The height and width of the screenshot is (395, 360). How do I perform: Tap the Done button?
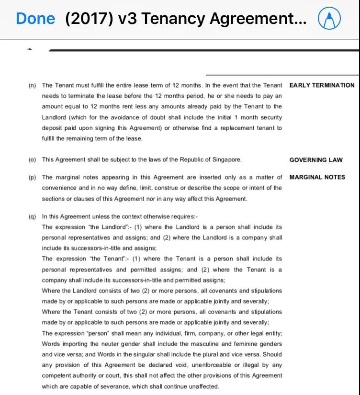click(x=35, y=19)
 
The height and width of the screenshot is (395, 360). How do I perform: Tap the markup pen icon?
click(x=329, y=19)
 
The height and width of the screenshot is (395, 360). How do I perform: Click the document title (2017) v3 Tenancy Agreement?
click(x=186, y=19)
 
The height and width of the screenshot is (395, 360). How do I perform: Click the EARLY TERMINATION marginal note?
click(x=322, y=85)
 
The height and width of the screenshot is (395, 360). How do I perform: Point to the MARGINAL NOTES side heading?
click(x=317, y=177)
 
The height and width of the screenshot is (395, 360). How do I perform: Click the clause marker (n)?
click(x=32, y=86)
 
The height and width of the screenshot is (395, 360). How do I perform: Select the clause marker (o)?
click(x=32, y=160)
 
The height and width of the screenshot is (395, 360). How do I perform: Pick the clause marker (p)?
click(x=32, y=177)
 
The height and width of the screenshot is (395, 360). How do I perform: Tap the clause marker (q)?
click(x=32, y=216)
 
